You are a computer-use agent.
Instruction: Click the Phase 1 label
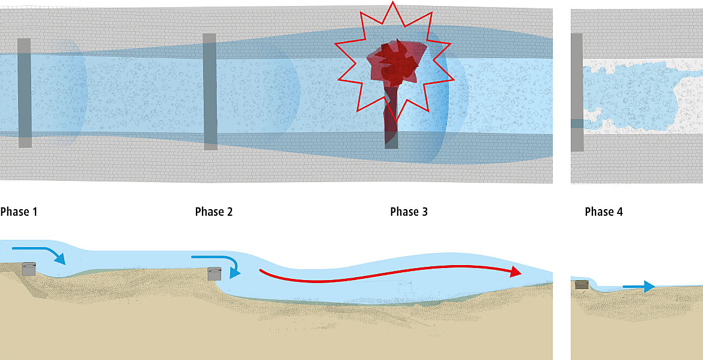(19, 212)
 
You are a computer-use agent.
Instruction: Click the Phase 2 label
(213, 212)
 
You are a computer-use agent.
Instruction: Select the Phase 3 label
(409, 212)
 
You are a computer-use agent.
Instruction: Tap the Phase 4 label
(603, 212)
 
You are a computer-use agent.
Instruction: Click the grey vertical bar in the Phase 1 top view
(24, 93)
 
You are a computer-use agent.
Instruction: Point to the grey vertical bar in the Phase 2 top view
(210, 91)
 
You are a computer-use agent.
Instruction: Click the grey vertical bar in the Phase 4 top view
(576, 92)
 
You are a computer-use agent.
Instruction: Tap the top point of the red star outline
(392, 4)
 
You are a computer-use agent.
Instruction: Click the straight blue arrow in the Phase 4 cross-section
(638, 287)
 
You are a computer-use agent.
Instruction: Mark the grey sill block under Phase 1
(29, 269)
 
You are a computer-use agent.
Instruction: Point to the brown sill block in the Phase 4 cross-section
(581, 284)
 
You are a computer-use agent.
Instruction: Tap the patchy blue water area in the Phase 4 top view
(631, 93)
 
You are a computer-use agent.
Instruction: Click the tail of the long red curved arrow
(261, 272)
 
